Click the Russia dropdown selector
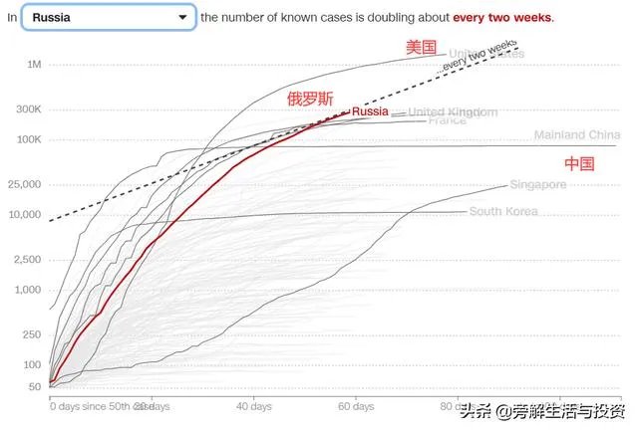108,17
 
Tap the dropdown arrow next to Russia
182,17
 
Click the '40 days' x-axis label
254,407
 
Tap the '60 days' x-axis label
356,407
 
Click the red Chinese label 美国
421,47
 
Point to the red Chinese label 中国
579,163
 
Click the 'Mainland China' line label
576,135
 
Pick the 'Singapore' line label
537,185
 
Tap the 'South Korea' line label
502,211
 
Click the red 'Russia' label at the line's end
370,111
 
